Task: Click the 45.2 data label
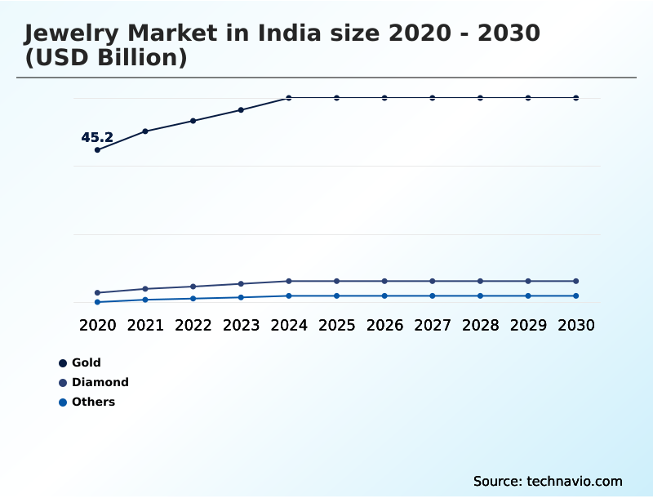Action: click(x=97, y=138)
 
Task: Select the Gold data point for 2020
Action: click(x=97, y=150)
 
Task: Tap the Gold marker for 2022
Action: click(x=193, y=121)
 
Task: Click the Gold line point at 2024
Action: click(x=289, y=98)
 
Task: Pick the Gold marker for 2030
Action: click(x=576, y=98)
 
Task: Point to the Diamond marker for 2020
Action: click(x=97, y=292)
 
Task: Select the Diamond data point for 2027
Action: click(x=433, y=281)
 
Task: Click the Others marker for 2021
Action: click(x=145, y=300)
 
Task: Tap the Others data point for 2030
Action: click(x=576, y=296)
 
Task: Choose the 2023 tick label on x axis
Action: click(x=241, y=325)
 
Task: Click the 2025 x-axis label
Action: click(x=336, y=325)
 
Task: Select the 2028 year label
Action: click(x=480, y=325)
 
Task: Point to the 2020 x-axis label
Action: click(x=97, y=325)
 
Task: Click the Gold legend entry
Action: click(x=86, y=362)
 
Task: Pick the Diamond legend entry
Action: click(x=100, y=382)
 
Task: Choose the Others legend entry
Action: click(x=93, y=402)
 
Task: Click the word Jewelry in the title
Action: click(x=70, y=34)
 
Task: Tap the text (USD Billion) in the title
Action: click(x=106, y=59)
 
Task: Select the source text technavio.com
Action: click(x=575, y=481)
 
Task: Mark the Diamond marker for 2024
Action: click(x=289, y=281)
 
